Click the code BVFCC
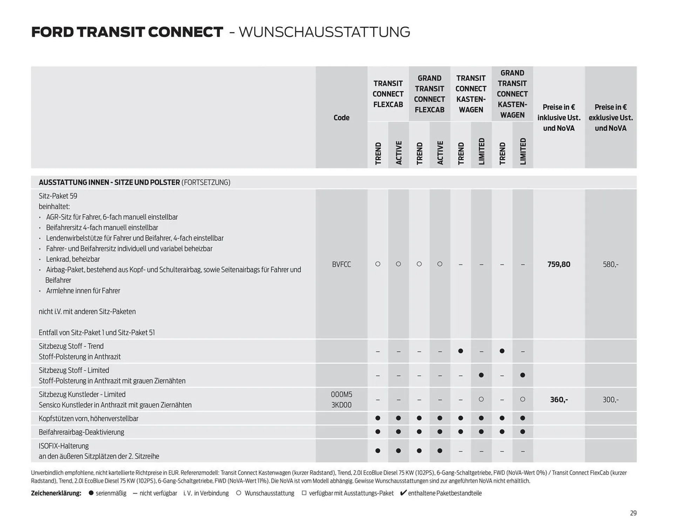point(341,264)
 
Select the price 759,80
point(559,264)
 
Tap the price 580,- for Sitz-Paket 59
point(610,264)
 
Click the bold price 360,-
point(559,399)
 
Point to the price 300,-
point(610,399)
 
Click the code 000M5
point(341,394)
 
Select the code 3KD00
point(341,405)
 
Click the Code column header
point(341,117)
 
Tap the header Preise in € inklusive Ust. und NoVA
point(559,117)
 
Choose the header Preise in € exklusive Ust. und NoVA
point(610,117)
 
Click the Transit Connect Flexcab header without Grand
point(388,94)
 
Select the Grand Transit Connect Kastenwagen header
point(512,94)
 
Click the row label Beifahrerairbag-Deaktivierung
point(81,432)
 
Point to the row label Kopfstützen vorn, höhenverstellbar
point(88,418)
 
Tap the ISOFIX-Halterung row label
point(63,446)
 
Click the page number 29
point(633,513)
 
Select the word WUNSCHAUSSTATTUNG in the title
point(324,32)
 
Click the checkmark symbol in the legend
point(403,493)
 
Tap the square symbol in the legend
point(304,493)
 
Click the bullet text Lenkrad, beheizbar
point(73,259)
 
